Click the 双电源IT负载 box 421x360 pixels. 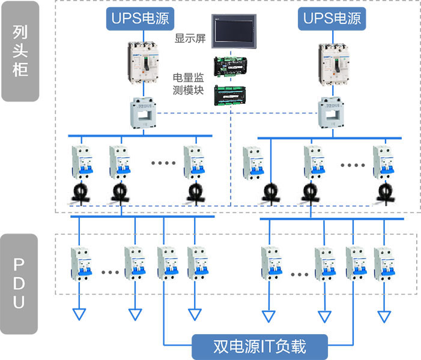pos(259,346)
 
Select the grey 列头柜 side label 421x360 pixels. pos(20,51)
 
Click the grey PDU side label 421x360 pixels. pos(20,283)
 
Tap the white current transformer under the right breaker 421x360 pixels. pos(332,110)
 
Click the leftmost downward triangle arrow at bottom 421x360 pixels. pos(79,315)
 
